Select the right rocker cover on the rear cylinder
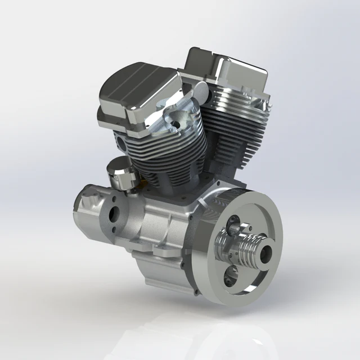[228, 70]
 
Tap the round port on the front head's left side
[120, 139]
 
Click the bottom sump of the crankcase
[163, 276]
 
